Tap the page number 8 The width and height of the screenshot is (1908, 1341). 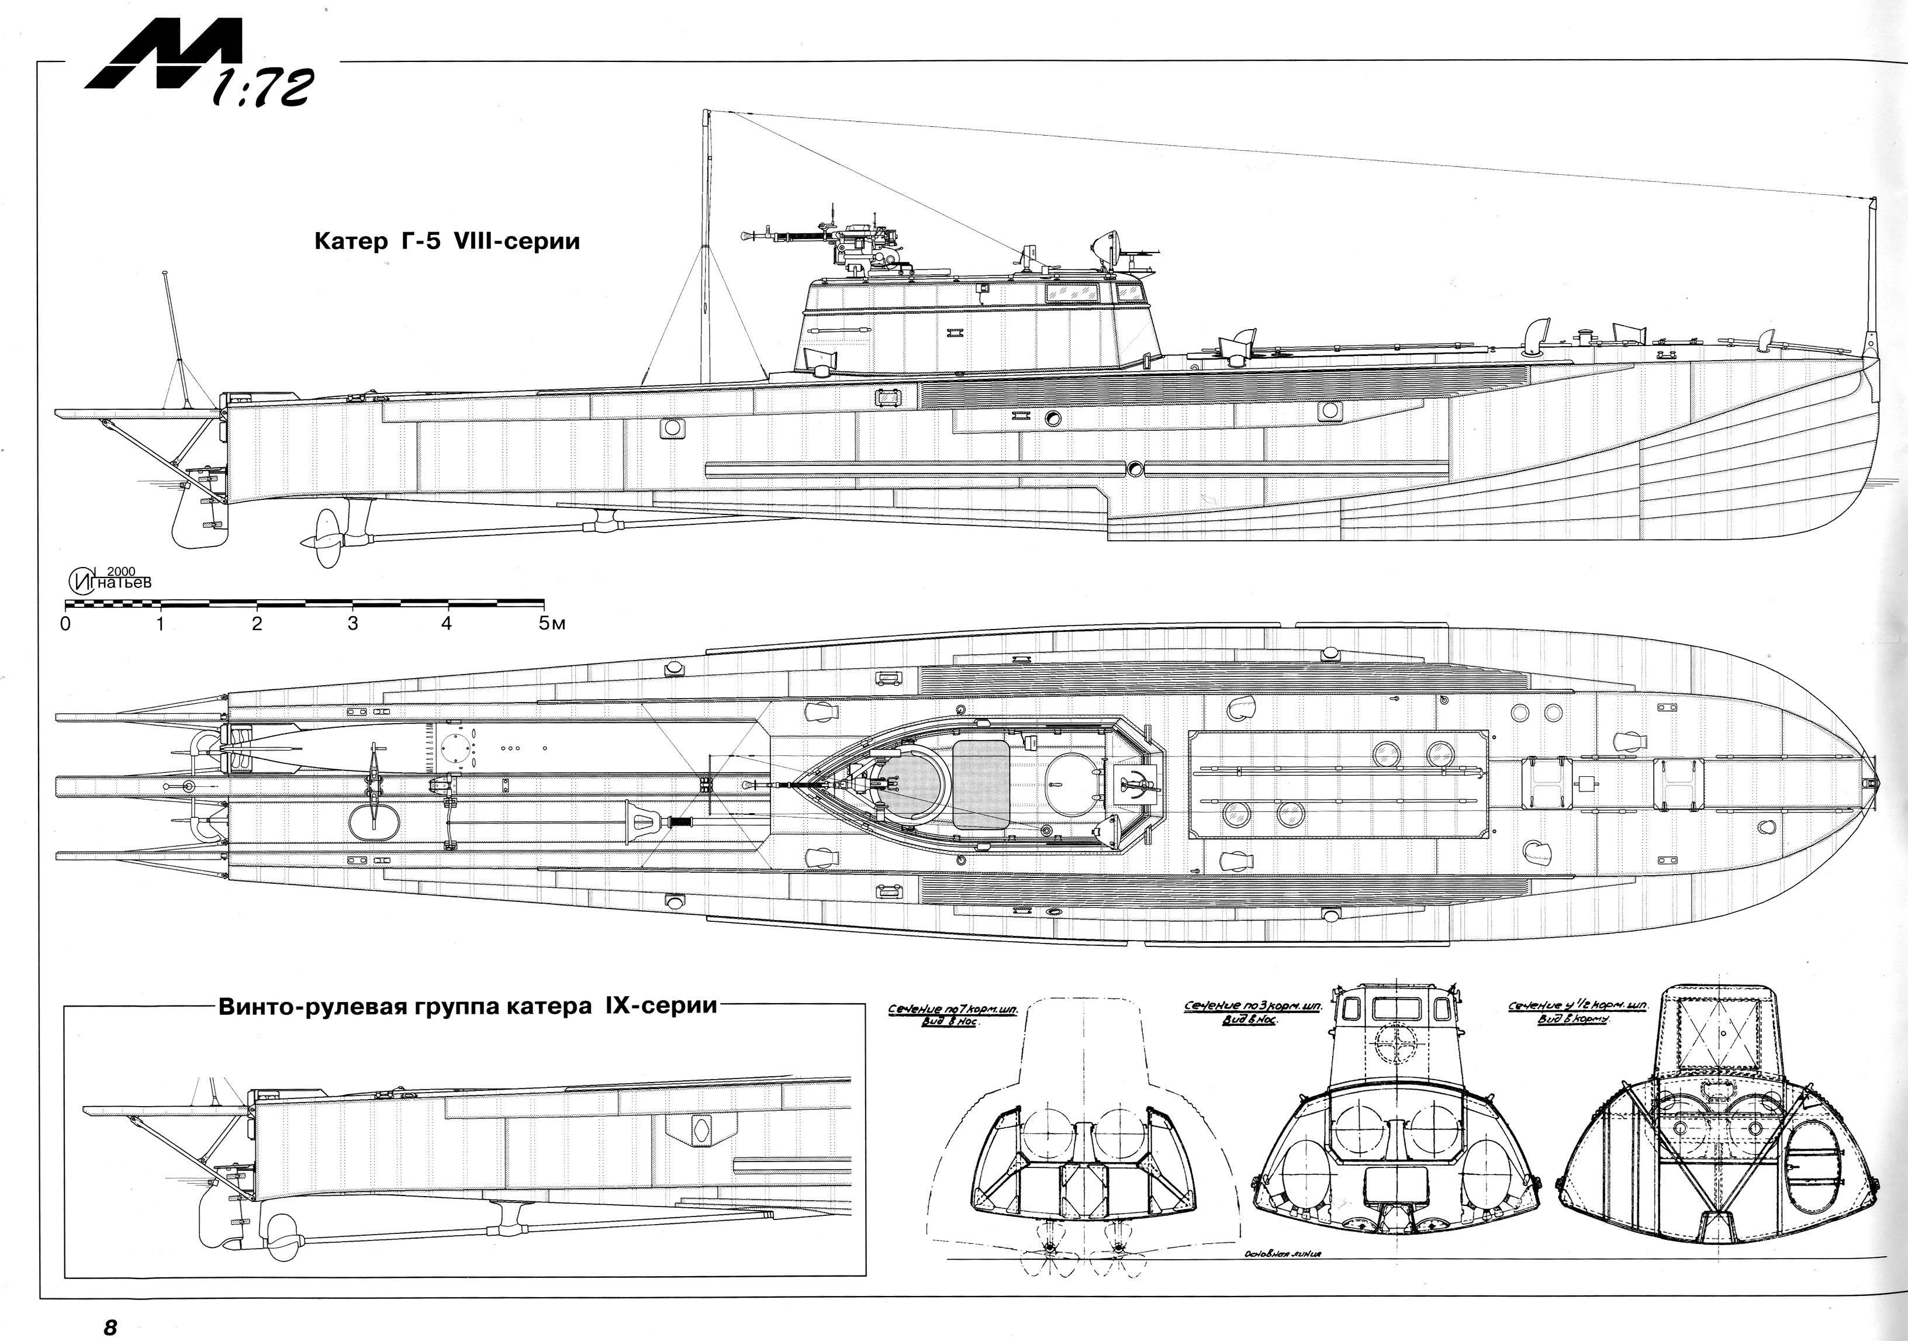[x=110, y=1326]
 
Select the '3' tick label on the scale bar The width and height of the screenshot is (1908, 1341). [x=352, y=623]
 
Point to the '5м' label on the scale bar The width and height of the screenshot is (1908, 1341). [x=551, y=623]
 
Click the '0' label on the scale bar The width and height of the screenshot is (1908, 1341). [x=65, y=623]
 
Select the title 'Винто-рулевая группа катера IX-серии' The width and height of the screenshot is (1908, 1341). [x=467, y=1006]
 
